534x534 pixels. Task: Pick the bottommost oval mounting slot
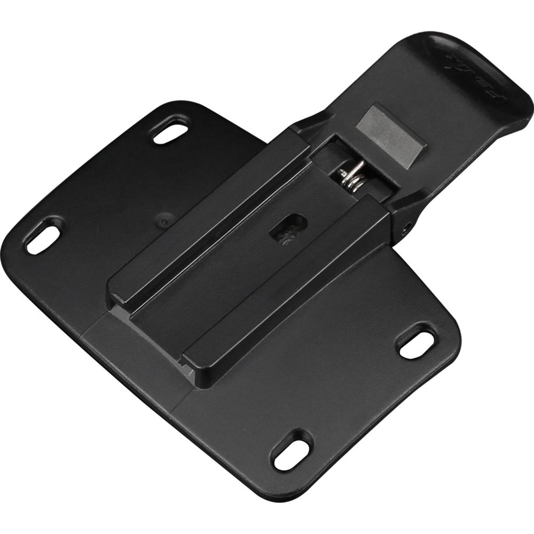coord(291,450)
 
